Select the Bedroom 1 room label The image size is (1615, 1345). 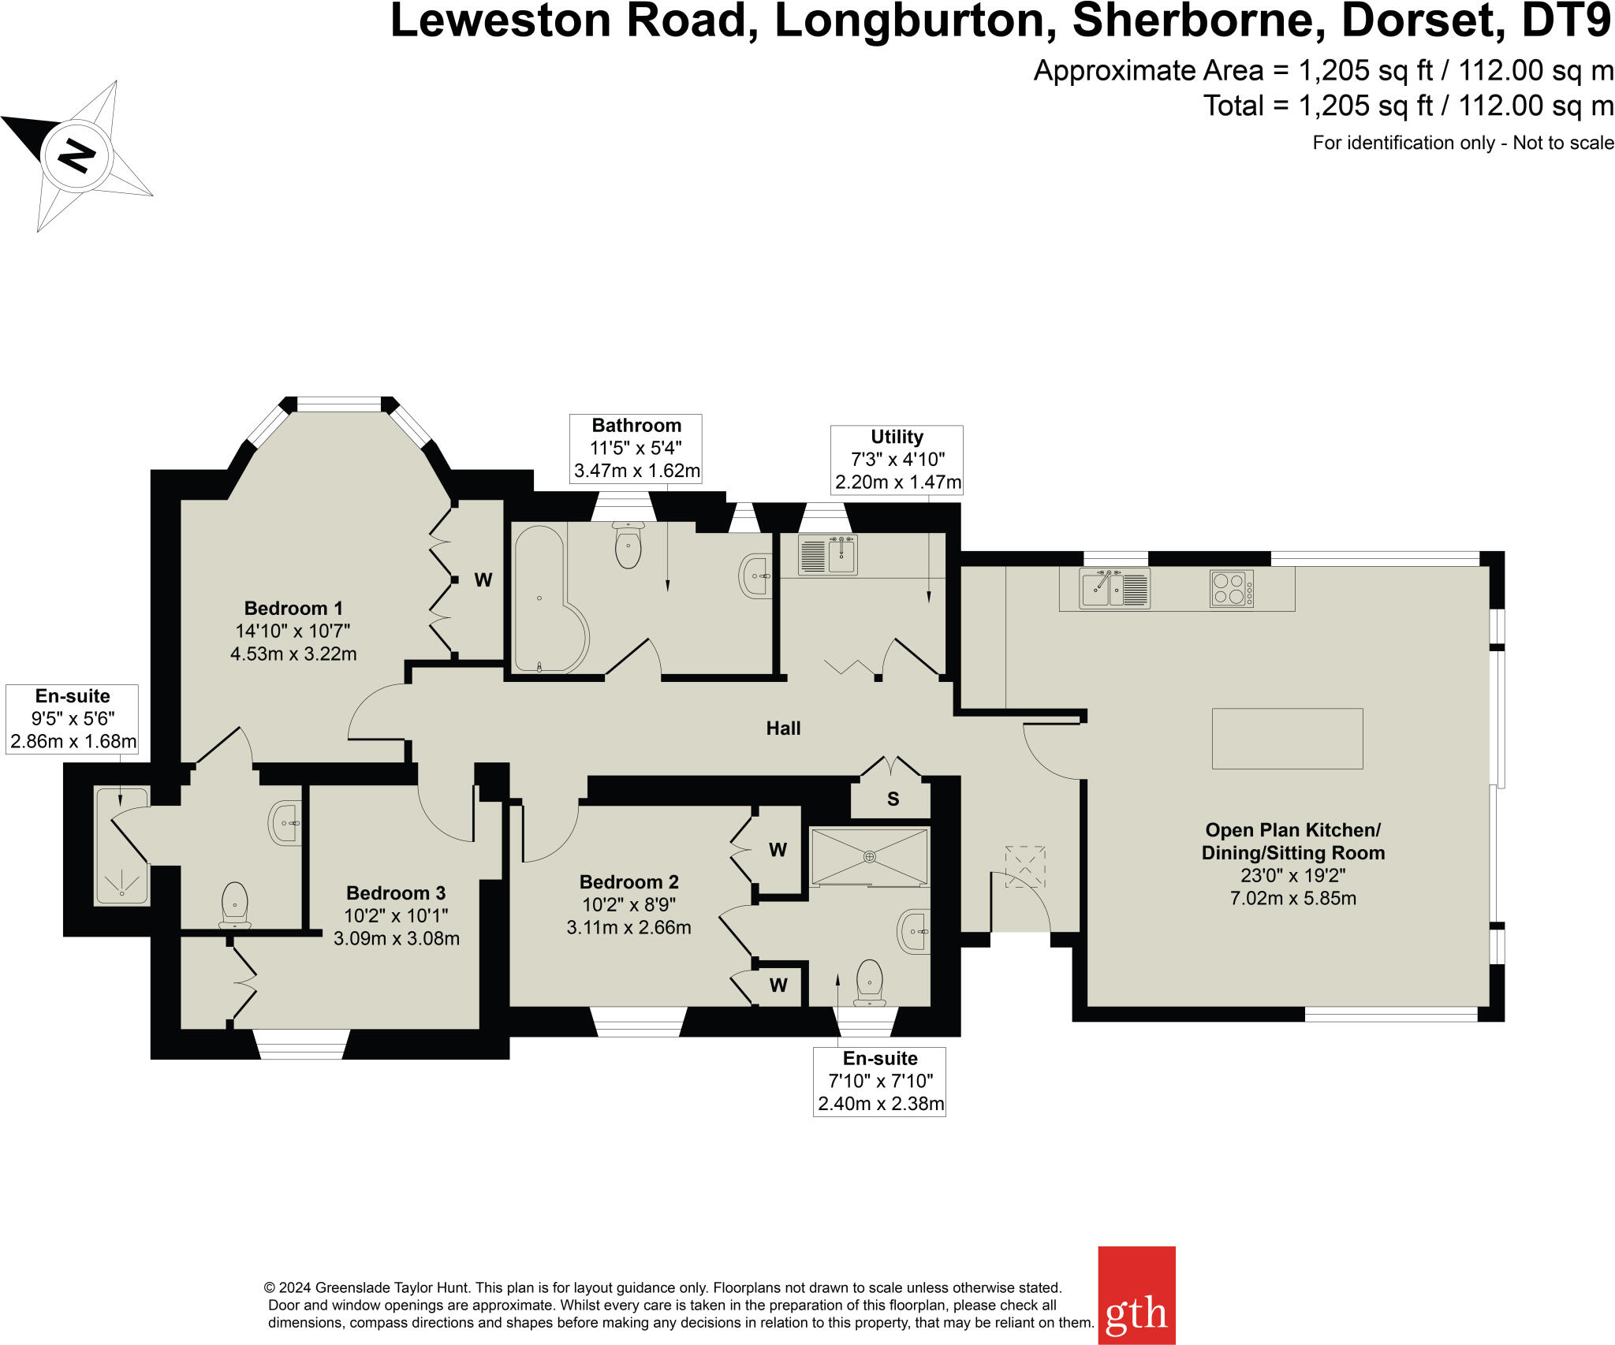(293, 609)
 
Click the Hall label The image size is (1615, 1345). (783, 728)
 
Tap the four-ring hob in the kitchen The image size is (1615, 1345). (1231, 589)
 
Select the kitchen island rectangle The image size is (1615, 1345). (1287, 739)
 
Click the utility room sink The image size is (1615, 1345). (828, 554)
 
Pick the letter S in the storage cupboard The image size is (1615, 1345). (893, 799)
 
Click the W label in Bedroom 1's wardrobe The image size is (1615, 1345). (483, 580)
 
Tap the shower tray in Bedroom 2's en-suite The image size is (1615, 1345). (869, 856)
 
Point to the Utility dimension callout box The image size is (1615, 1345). (897, 460)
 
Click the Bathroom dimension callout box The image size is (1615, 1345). (636, 449)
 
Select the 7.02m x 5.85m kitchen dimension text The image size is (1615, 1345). (1293, 898)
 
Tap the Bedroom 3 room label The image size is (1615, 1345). (396, 893)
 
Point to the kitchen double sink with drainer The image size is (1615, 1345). (1115, 588)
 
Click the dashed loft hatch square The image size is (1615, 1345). (1025, 867)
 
